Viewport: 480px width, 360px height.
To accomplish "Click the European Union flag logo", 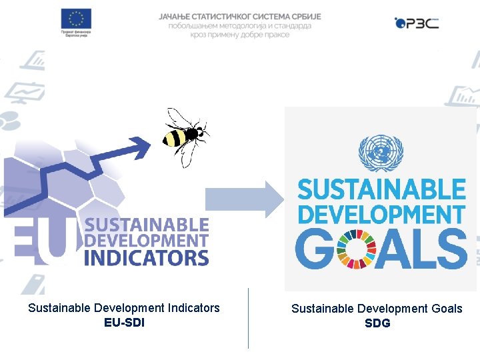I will coord(75,18).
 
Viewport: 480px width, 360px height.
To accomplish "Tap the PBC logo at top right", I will coord(417,23).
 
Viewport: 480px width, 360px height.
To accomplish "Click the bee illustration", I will coord(185,135).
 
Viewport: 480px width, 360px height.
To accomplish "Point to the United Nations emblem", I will coord(381,153).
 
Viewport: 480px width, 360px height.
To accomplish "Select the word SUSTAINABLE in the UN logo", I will coord(381,190).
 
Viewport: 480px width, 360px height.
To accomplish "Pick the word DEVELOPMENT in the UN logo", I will coord(381,215).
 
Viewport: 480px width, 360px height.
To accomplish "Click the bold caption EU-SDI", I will coord(124,323).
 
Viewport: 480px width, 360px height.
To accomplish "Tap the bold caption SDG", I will coord(377,323).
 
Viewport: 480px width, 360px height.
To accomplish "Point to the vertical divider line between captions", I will coord(248,318).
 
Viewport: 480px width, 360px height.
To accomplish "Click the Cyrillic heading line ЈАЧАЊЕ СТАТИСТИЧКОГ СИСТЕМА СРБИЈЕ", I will coord(240,16).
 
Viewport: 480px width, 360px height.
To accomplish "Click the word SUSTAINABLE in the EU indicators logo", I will coord(147,225).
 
